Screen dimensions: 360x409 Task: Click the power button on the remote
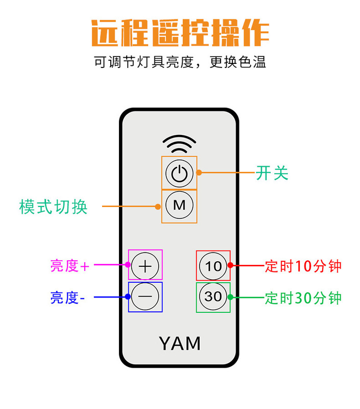179,173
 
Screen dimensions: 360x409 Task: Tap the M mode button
179,205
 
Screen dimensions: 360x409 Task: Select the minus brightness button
145,297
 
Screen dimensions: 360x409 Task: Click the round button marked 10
213,266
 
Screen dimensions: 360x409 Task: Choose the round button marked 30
213,297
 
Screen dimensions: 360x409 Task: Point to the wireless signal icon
179,144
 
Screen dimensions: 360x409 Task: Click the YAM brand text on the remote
180,343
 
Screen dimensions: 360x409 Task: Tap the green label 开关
272,173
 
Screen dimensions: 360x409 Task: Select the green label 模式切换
53,207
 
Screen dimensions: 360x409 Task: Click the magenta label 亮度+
70,266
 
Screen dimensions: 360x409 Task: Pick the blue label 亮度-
67,298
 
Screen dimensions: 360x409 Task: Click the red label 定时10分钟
303,266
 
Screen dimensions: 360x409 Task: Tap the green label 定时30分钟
303,298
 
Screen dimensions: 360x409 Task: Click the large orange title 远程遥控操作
180,33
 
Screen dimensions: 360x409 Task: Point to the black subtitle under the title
180,62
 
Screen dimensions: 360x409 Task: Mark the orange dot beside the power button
199,172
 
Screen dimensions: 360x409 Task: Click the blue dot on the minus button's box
128,297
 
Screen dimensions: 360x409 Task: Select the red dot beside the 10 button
230,265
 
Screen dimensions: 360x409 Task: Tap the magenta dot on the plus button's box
128,265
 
